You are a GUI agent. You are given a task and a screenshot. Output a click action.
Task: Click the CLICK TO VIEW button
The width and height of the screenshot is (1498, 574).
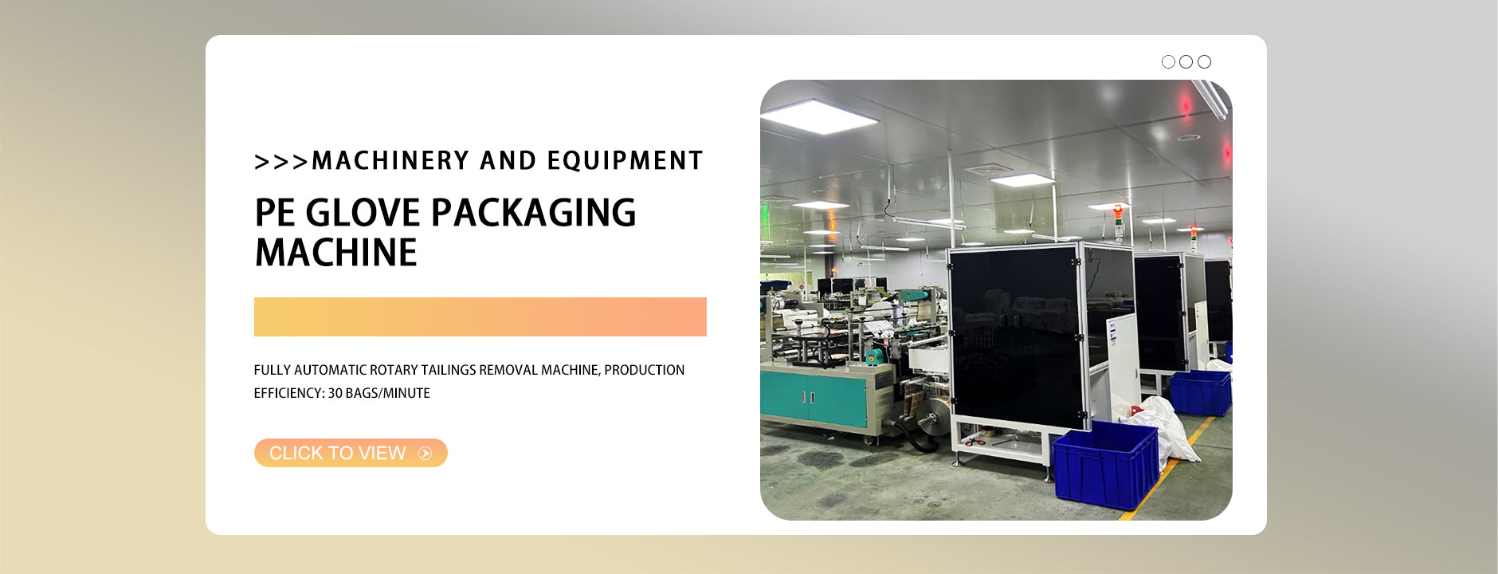[351, 453]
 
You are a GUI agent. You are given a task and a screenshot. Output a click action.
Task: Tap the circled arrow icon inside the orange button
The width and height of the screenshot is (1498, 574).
[425, 454]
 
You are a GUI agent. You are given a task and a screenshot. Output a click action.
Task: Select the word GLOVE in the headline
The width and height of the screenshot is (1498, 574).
[363, 213]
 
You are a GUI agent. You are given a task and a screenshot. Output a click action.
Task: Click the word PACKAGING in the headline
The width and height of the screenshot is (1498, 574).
[534, 214]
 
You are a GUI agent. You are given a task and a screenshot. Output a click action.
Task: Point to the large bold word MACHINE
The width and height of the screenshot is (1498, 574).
[336, 253]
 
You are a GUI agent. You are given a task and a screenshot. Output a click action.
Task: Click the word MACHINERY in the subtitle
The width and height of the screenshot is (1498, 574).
[390, 160]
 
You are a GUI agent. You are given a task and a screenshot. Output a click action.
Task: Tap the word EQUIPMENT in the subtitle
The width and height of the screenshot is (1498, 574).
[625, 160]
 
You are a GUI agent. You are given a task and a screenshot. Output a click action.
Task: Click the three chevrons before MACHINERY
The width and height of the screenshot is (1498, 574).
[281, 162]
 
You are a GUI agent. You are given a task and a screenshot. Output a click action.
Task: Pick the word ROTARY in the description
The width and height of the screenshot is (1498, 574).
[394, 370]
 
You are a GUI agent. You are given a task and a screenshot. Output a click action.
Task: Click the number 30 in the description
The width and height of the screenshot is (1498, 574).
[335, 393]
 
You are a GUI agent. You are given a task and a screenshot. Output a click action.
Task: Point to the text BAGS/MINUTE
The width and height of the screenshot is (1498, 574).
[387, 393]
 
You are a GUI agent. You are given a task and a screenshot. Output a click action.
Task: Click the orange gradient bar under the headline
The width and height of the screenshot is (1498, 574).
[480, 316]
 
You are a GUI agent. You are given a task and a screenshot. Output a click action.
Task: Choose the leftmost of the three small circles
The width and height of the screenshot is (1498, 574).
[1168, 61]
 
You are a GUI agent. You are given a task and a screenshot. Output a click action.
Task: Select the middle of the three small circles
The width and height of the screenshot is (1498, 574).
[1186, 61]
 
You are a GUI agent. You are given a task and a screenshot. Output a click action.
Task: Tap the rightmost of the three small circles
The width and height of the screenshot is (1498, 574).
[1204, 61]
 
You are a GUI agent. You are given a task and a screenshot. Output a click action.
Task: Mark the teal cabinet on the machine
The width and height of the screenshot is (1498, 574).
[813, 399]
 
